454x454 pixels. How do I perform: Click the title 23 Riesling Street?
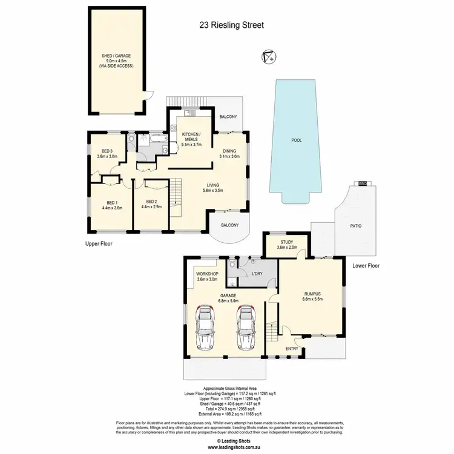[232, 25]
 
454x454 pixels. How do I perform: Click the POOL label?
[296, 140]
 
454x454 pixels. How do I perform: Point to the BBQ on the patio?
[363, 182]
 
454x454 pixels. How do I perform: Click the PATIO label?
[355, 226]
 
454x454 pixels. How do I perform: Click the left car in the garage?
[206, 327]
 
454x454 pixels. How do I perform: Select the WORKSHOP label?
[206, 274]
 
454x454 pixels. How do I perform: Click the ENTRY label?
[292, 348]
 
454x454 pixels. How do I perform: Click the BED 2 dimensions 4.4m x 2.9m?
[152, 208]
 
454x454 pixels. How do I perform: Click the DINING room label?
[229, 151]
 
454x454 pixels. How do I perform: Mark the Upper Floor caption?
[99, 244]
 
